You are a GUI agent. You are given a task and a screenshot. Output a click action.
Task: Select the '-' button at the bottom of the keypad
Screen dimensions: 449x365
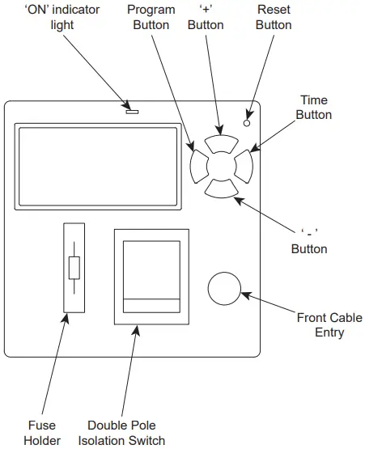[x=221, y=188]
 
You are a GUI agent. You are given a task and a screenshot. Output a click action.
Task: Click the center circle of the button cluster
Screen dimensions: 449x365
[x=221, y=166]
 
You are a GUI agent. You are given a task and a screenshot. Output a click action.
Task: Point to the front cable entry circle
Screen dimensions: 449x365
[x=225, y=287]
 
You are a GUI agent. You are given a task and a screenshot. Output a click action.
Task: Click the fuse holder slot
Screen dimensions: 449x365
[x=74, y=268]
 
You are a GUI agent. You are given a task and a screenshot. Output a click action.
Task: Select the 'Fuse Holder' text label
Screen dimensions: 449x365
[x=42, y=433]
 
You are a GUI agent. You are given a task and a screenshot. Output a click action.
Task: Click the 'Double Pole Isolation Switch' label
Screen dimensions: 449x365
[x=121, y=433]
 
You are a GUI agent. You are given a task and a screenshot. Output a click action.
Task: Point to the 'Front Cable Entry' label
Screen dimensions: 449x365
[x=329, y=325]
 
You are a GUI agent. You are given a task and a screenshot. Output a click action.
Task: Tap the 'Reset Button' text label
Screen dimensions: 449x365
[x=274, y=17]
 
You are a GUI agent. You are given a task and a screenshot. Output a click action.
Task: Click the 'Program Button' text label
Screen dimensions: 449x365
[x=151, y=17]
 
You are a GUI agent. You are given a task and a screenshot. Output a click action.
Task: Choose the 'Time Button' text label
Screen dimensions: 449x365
[x=314, y=108]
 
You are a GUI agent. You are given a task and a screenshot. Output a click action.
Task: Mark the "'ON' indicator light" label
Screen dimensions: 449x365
[x=57, y=17]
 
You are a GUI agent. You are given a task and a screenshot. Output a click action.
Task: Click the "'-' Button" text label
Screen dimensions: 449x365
[x=309, y=241]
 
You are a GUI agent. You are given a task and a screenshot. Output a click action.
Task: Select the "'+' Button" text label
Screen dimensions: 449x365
[x=206, y=17]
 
